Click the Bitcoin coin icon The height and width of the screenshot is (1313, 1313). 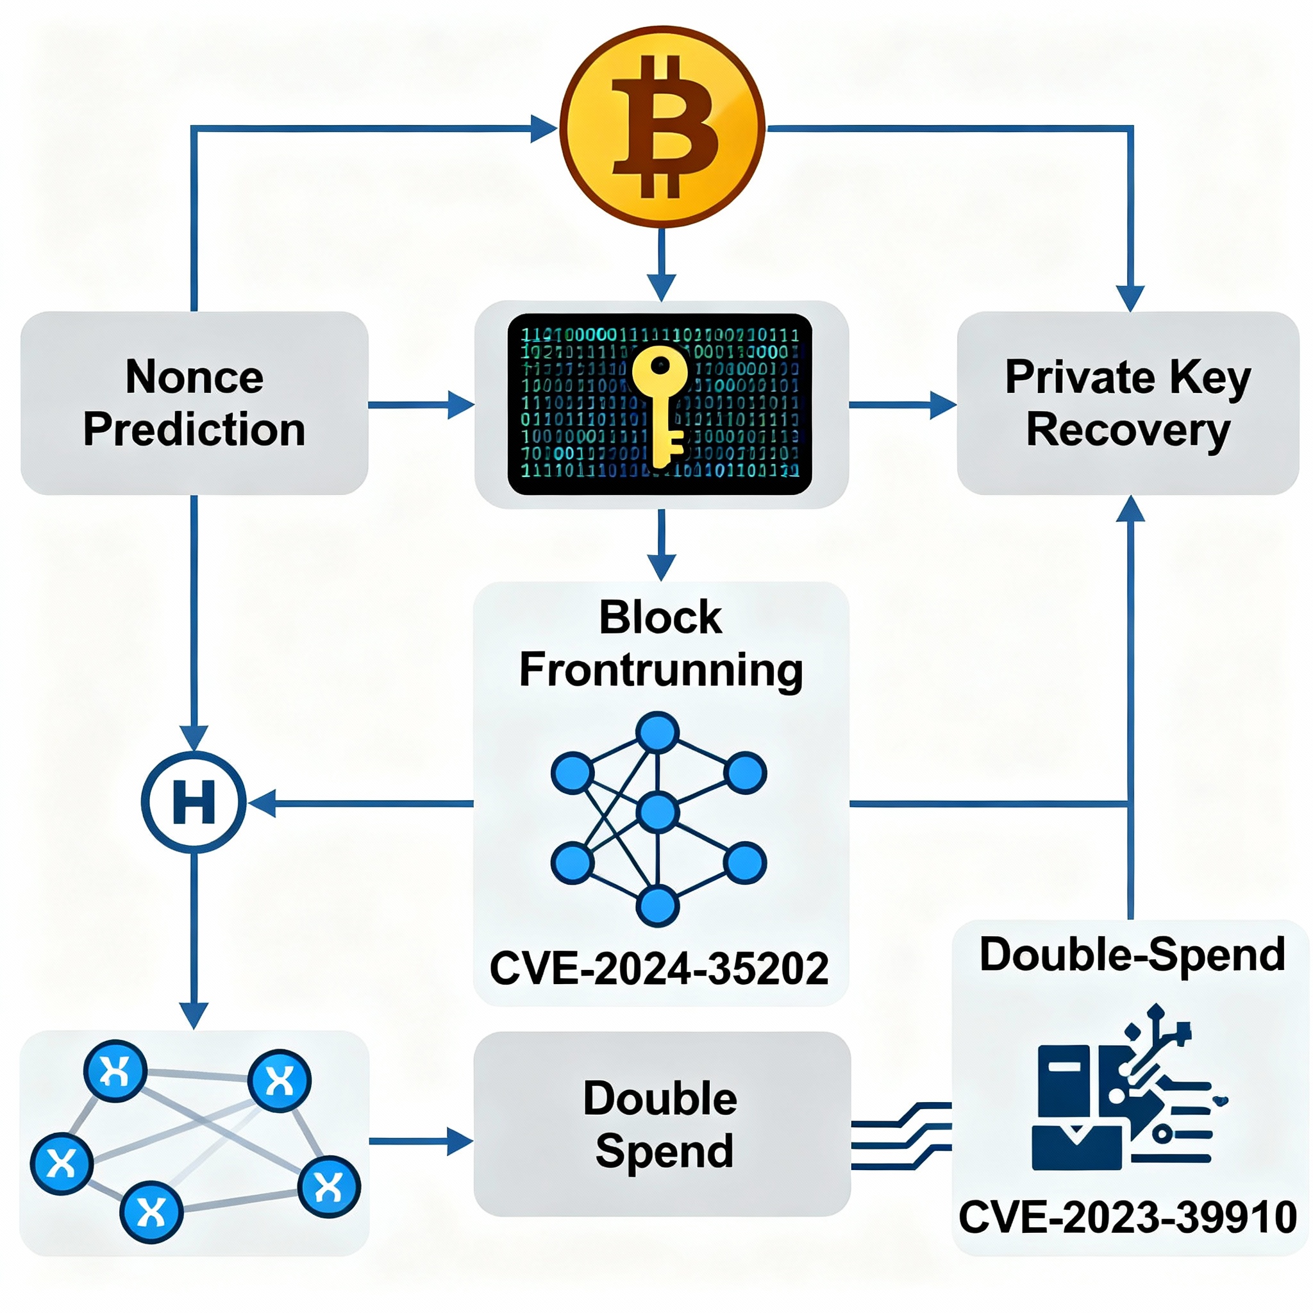pos(662,126)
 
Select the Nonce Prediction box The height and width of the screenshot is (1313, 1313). pos(194,403)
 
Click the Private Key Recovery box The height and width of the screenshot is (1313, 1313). pos(1128,403)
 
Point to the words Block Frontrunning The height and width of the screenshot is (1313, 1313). pos(660,644)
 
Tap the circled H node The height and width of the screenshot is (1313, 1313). pos(194,803)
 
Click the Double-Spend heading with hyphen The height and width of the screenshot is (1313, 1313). pos(1132,954)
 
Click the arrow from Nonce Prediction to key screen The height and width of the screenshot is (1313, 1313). pos(421,405)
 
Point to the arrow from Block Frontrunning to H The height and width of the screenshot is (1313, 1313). pos(360,803)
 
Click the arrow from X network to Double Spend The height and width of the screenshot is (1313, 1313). pos(421,1141)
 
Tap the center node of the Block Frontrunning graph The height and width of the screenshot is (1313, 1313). pos(657,812)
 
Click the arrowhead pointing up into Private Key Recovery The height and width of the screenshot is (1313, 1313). pos(1130,510)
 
